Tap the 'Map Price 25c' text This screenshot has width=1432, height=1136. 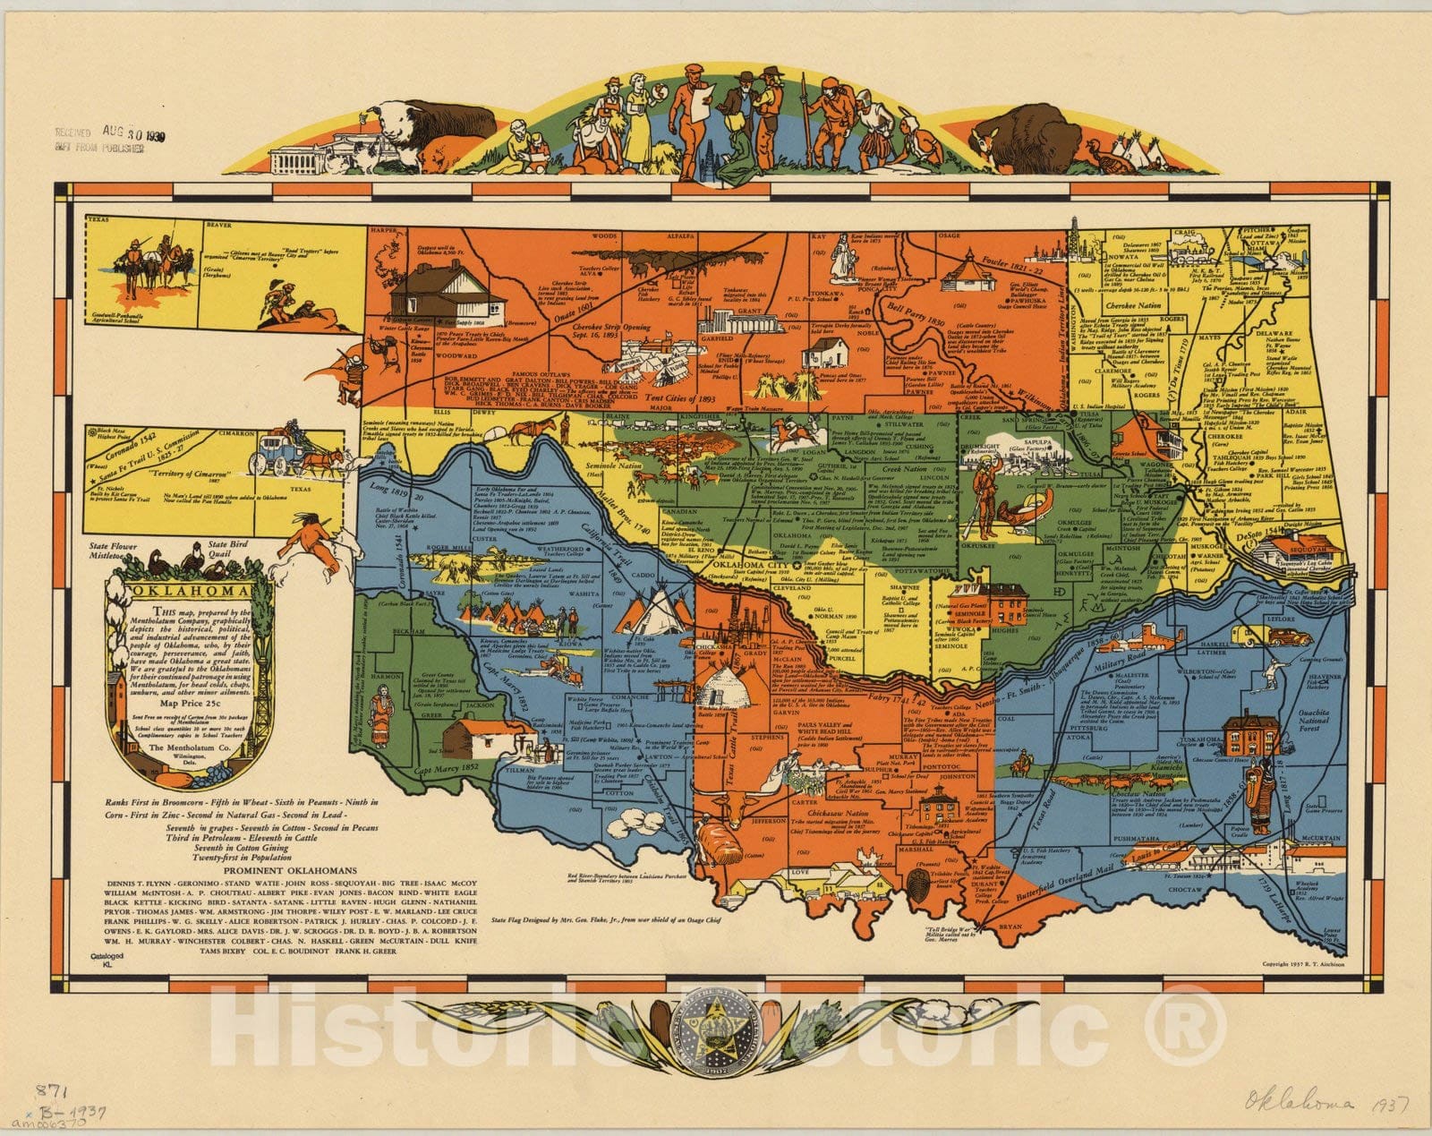click(189, 703)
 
